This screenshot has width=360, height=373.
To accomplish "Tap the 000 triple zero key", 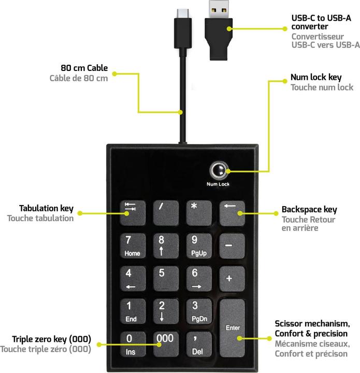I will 165,344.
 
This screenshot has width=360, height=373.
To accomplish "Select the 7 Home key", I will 132,246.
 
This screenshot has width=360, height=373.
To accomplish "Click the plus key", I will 232,279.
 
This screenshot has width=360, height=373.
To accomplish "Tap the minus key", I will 232,246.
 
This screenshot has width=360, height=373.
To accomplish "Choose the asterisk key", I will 198,212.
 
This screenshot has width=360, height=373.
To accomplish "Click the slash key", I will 165,212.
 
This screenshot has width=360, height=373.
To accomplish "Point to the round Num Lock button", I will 218,170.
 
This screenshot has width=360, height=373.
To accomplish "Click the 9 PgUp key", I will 198,246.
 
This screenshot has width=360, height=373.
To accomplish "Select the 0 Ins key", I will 132,344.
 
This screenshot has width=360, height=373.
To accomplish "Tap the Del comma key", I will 198,344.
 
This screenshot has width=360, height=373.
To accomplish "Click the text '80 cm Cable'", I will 84,68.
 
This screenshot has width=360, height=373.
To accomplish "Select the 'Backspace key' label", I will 309,210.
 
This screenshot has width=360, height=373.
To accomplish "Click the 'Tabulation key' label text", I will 46,209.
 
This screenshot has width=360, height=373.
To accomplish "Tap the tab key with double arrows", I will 132,212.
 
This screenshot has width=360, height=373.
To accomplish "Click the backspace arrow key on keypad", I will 232,212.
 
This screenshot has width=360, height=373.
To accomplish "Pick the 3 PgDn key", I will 198,311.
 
